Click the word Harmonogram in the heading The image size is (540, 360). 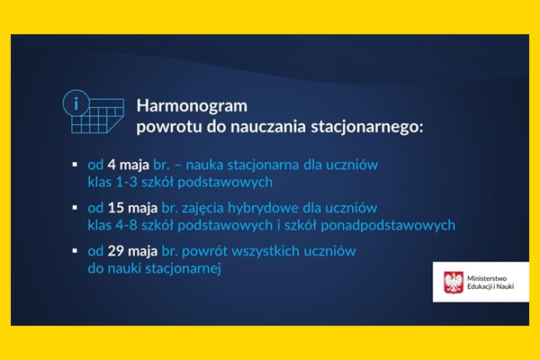coord(192,106)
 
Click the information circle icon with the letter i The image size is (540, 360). coord(76,103)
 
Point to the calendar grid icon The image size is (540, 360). coord(98,116)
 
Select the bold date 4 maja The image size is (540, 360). coord(128,165)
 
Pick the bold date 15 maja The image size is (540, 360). coord(132,208)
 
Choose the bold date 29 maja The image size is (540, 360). coord(132,251)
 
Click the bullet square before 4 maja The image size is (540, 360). coord(75,165)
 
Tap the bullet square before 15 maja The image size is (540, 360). coord(75,208)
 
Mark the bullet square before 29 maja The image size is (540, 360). coord(75,251)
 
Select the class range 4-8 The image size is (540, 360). coord(127,225)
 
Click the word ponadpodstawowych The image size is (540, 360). coord(388,225)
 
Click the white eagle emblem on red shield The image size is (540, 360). coord(454,282)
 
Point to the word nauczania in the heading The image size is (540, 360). coord(268,127)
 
